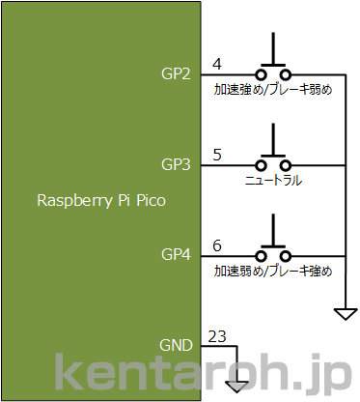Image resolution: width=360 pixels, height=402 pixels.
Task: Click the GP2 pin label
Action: coord(176,73)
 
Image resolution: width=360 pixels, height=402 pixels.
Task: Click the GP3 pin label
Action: coord(176,164)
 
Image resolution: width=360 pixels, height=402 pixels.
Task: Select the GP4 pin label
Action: coord(176,255)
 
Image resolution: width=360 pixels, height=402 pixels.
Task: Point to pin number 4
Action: coord(217,64)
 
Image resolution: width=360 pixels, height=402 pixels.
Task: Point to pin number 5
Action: coord(217,154)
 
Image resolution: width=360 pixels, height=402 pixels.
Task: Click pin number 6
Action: coord(217,244)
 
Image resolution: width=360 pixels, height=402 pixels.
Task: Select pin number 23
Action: coord(218,336)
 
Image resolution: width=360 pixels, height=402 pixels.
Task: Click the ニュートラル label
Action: coord(274,181)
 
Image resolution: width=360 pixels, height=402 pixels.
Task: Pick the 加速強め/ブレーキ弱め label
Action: coord(273,90)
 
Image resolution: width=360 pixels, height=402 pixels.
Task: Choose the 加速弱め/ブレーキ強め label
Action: coord(273,272)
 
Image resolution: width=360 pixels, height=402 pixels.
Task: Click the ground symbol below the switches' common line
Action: coord(345,314)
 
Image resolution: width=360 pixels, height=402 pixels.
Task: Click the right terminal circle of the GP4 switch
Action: coord(287,256)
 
